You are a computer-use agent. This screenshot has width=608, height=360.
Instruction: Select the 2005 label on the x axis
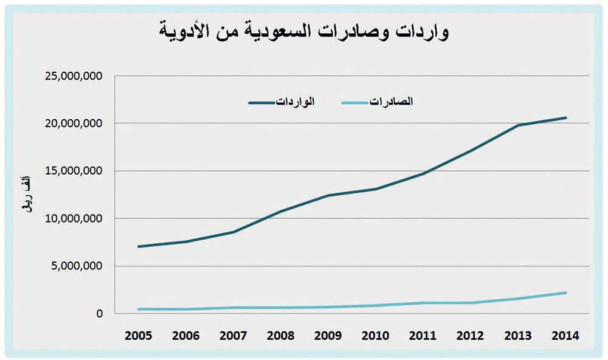pyautogui.click(x=139, y=335)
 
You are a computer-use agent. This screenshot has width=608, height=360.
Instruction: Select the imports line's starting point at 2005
pyautogui.click(x=139, y=246)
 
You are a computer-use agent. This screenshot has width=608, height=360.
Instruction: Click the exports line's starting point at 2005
pyautogui.click(x=139, y=309)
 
